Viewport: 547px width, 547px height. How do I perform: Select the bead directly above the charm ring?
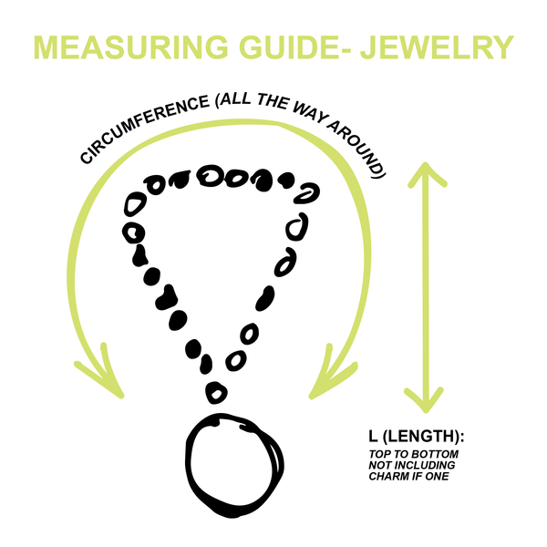216,392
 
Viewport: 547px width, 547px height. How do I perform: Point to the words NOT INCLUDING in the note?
409,465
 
